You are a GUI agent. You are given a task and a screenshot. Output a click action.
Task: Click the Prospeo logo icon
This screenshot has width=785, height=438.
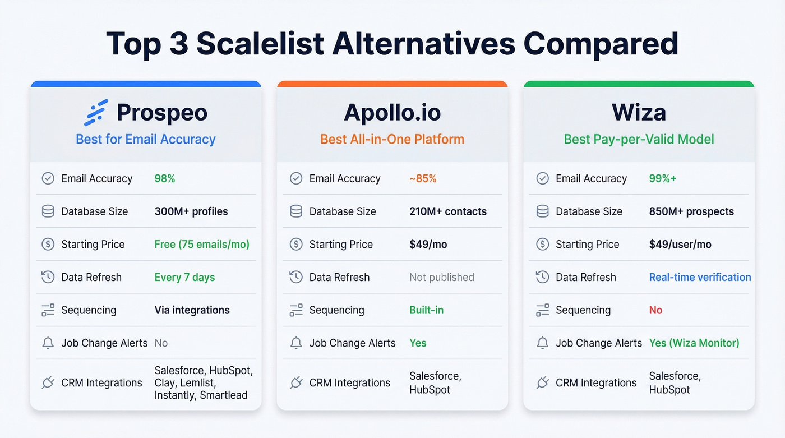pyautogui.click(x=95, y=112)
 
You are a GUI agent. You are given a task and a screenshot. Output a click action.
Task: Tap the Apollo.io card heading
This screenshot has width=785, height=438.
pyautogui.click(x=392, y=113)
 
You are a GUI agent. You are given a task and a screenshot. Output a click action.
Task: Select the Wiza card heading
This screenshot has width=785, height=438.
pyautogui.click(x=639, y=113)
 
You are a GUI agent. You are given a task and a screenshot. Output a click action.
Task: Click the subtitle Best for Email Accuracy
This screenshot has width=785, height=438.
pyautogui.click(x=146, y=139)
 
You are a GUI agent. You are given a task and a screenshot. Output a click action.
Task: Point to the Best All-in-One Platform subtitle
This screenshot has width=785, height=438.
pyautogui.click(x=392, y=139)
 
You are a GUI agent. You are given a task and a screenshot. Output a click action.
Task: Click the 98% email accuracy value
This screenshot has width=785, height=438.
pyautogui.click(x=165, y=179)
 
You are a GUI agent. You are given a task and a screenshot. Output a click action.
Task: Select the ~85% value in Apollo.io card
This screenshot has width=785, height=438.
pyautogui.click(x=423, y=179)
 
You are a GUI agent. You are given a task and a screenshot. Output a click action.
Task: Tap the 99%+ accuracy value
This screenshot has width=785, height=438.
pyautogui.click(x=663, y=179)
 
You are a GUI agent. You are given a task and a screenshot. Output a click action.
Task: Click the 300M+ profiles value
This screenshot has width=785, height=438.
pyautogui.click(x=191, y=211)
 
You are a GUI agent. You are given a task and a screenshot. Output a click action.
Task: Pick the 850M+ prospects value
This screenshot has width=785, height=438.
pyautogui.click(x=691, y=211)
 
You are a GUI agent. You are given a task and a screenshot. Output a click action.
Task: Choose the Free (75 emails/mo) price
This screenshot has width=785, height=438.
pyautogui.click(x=202, y=245)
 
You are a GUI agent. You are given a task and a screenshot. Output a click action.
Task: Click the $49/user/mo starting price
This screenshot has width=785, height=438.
pyautogui.click(x=680, y=245)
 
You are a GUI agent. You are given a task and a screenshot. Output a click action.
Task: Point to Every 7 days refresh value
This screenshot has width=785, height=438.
pyautogui.click(x=184, y=278)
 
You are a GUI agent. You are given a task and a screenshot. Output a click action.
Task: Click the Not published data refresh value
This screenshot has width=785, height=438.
pyautogui.click(x=442, y=278)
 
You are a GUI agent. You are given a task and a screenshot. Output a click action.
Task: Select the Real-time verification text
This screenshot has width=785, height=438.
pyautogui.click(x=700, y=278)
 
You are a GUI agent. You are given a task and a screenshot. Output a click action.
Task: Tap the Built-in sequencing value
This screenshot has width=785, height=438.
pyautogui.click(x=426, y=310)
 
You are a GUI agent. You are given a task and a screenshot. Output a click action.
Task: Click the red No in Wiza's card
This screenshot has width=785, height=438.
pyautogui.click(x=655, y=310)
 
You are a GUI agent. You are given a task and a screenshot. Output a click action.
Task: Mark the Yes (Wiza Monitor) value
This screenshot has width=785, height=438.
pyautogui.click(x=694, y=343)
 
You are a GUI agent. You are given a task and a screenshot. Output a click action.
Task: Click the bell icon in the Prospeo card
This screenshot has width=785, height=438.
pyautogui.click(x=48, y=343)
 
